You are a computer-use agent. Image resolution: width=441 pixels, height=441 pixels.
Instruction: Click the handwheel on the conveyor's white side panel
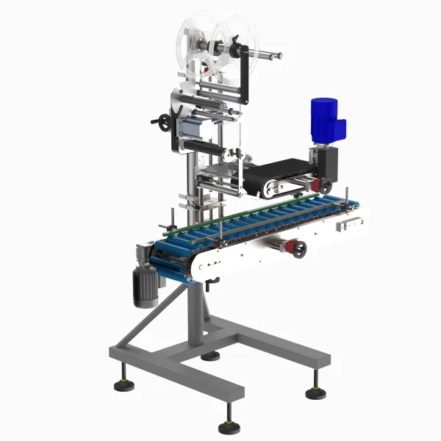(x=298, y=248)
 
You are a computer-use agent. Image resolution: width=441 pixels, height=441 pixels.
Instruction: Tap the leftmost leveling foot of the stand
(x=118, y=383)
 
